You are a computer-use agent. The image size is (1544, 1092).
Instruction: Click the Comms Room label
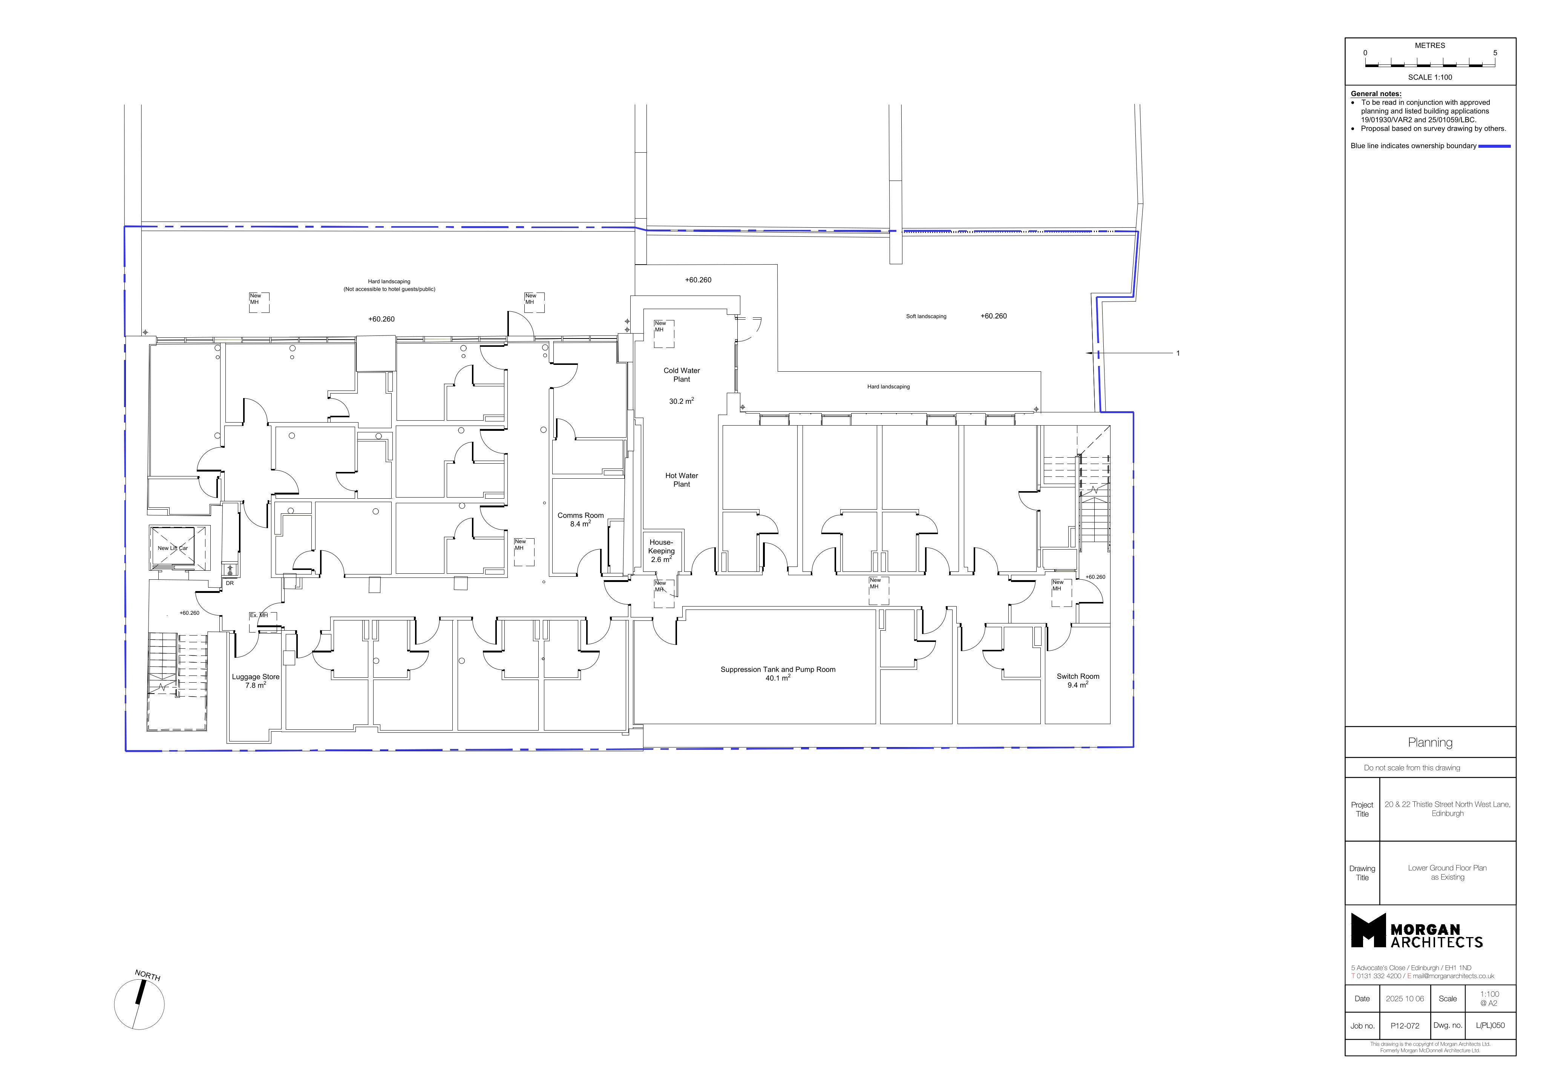[581, 516]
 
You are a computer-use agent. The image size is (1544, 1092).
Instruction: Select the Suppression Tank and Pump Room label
[778, 670]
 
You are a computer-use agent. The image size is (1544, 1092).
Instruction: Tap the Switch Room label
[1078, 677]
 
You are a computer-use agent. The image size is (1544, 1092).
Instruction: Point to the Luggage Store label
[256, 677]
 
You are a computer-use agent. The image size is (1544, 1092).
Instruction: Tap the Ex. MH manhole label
[259, 615]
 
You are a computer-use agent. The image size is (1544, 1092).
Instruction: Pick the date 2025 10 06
[1405, 999]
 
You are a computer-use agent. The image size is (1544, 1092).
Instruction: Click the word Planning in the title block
[1431, 742]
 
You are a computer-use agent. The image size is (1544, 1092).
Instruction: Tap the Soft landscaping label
[926, 316]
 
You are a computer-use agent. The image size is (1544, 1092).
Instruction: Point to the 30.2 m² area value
[681, 401]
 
